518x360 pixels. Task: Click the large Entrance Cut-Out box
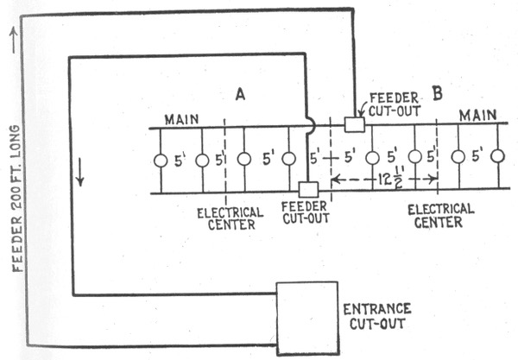[306, 318]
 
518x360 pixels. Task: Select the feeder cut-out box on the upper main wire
[354, 125]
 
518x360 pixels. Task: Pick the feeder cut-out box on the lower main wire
[307, 189]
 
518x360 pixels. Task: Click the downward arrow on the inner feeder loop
[82, 174]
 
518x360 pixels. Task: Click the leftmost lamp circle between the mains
[160, 161]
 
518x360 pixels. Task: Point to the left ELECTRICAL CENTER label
[226, 218]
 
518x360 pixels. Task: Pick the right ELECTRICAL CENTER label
[440, 215]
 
